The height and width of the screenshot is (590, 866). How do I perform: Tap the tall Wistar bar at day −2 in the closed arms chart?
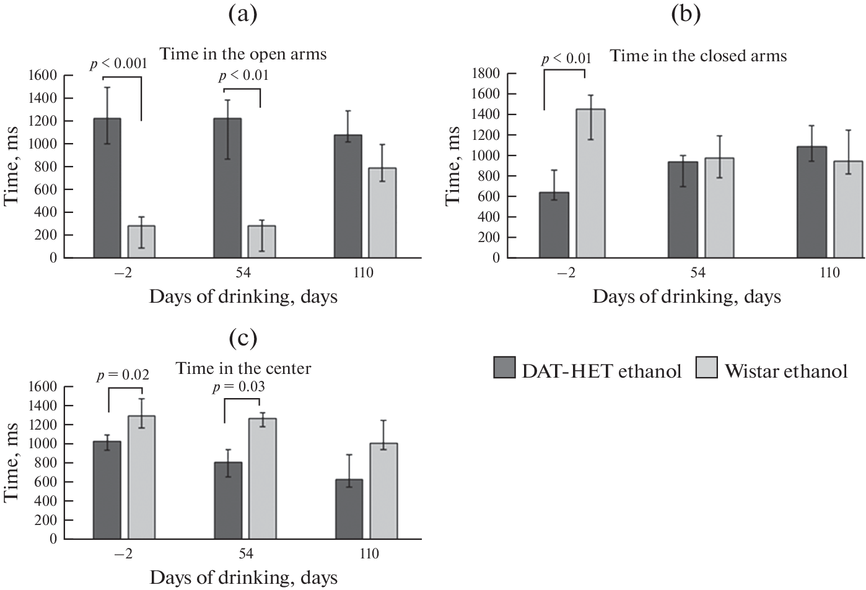tap(591, 183)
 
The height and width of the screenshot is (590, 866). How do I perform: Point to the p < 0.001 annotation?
tap(118, 63)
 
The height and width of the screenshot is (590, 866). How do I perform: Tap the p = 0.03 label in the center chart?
tap(238, 387)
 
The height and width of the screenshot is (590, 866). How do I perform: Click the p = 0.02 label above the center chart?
tap(123, 375)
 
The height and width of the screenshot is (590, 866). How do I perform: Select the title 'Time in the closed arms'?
tap(698, 56)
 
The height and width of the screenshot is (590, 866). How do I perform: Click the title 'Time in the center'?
tap(243, 368)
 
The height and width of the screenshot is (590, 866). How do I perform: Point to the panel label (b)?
tap(686, 14)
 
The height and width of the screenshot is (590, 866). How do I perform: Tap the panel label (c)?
tap(243, 337)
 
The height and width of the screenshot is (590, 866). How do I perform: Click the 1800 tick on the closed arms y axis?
tap(486, 74)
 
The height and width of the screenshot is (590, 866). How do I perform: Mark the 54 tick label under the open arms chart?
tap(244, 273)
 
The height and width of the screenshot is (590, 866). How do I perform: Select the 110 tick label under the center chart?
tap(369, 553)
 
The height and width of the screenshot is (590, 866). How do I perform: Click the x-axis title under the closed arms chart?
tap(686, 297)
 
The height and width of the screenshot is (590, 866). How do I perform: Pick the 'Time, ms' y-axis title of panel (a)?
tap(12, 167)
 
